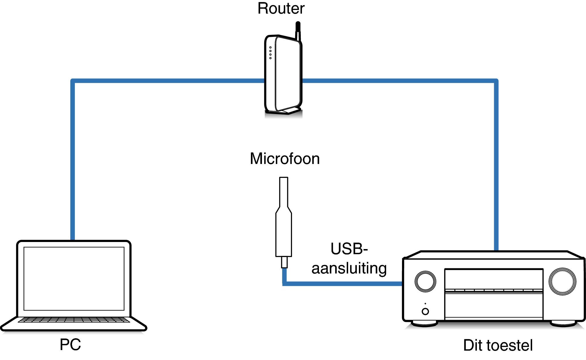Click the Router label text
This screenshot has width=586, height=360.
[281, 9]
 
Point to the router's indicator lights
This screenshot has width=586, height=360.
[270, 53]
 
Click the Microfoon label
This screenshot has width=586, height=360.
[285, 159]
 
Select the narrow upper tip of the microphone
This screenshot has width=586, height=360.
[284, 191]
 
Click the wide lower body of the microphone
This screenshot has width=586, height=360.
[284, 235]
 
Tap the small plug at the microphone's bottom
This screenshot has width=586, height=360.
[284, 262]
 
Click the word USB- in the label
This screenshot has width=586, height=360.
[349, 249]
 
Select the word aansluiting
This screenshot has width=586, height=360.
[349, 268]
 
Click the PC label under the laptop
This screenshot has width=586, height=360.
[70, 345]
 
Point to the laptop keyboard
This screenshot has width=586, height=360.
[74, 320]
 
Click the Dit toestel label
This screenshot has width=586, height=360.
[498, 345]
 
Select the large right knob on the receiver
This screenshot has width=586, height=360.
[562, 281]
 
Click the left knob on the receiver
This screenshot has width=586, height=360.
[425, 281]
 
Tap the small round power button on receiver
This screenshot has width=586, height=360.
[425, 311]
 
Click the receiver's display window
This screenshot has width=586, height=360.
[494, 279]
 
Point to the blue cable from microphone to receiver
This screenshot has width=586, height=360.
[340, 283]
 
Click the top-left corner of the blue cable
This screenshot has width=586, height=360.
[73, 81]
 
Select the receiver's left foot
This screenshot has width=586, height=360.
[424, 323]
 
